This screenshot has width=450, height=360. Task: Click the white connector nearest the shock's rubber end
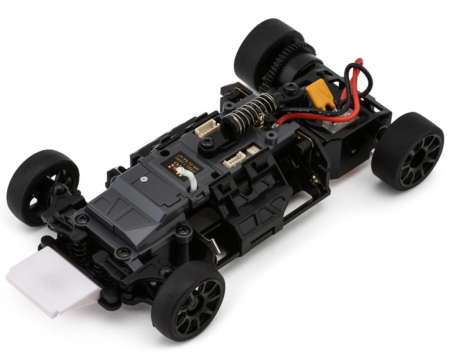(x=207, y=129)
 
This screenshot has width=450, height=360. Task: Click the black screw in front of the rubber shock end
(x=207, y=142)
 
